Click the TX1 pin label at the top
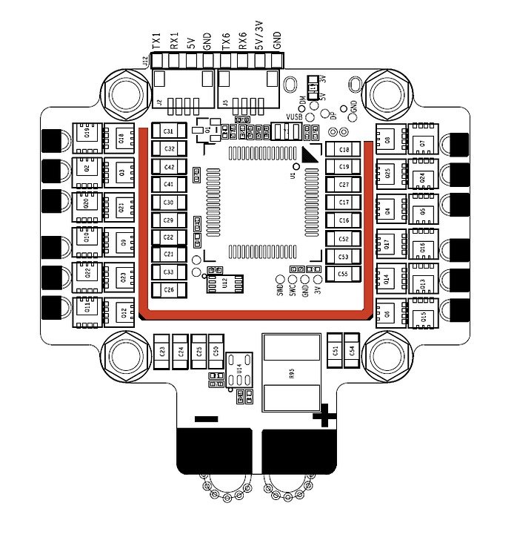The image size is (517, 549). coord(156,40)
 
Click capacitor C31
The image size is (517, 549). coord(168,131)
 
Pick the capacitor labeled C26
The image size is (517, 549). coord(168,290)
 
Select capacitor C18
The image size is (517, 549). coord(343,150)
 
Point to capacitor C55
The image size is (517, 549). coord(343,274)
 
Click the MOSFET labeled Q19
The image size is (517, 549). coord(87,134)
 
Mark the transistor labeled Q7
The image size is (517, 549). coord(422,142)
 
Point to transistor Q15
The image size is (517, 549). coord(422,318)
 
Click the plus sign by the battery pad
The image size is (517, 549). coord(323,416)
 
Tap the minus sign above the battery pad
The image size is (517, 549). coord(205,418)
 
